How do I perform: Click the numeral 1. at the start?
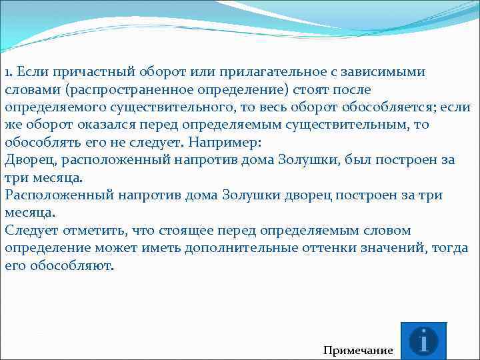tap(9, 72)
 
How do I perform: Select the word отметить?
tap(93, 231)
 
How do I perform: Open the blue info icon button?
tap(423, 341)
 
